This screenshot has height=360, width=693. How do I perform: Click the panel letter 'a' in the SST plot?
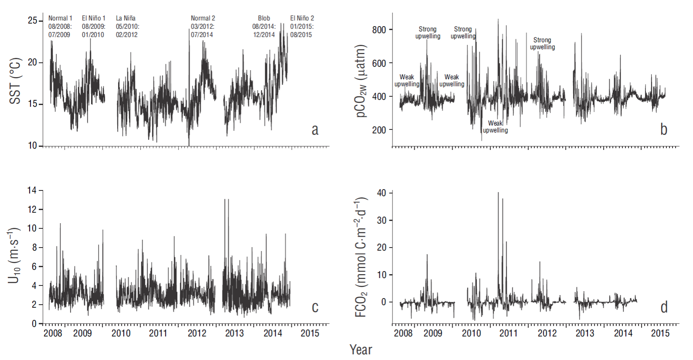315,129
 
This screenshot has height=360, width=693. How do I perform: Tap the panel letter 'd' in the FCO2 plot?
664,307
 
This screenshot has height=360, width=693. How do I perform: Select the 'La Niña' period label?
125,18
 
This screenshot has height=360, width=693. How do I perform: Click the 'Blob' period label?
264,18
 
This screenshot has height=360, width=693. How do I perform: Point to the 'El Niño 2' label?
302,18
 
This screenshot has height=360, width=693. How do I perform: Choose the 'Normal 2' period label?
203,18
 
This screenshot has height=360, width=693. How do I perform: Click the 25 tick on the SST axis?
33,20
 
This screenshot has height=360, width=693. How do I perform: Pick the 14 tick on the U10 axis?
32,190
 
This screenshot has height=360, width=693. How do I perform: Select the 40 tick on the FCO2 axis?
382,193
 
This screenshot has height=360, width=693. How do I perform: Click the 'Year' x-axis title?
361,350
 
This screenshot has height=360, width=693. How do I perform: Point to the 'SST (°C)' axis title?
15,81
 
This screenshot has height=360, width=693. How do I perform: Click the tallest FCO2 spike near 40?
498,193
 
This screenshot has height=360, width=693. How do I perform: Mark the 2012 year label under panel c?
197,333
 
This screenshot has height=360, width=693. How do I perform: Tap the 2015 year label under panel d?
660,333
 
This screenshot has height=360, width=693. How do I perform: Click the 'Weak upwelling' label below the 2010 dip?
495,127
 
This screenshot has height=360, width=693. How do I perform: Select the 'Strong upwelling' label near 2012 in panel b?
542,44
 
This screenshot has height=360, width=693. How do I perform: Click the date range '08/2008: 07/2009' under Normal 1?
60,31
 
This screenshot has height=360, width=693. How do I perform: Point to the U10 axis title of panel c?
14,255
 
